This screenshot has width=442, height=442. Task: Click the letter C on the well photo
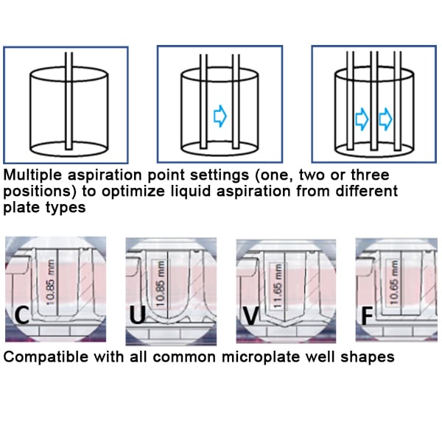[22, 317]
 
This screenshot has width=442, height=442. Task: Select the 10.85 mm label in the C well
[51, 279]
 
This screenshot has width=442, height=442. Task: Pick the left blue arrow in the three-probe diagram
[361, 117]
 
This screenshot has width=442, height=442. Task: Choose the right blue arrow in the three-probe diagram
[385, 117]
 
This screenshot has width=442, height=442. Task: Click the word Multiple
[29, 176]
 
